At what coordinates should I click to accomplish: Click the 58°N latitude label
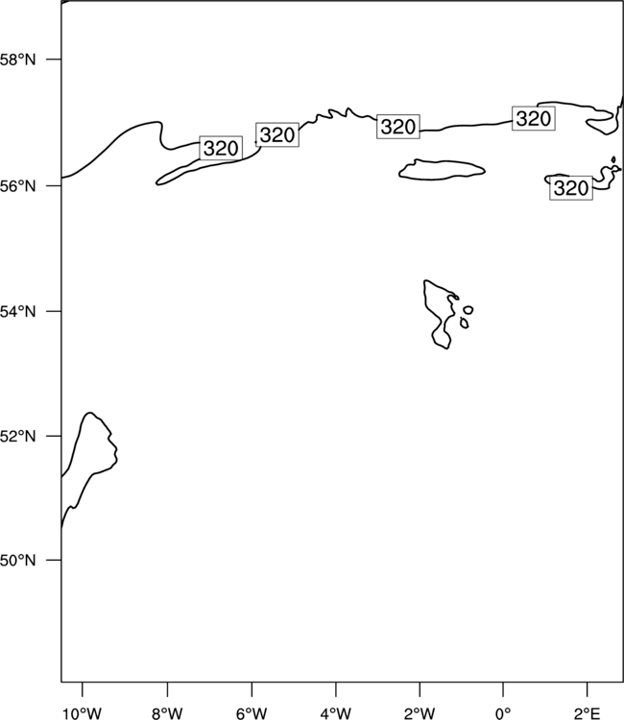click(x=17, y=60)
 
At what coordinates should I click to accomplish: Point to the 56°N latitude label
click(x=17, y=186)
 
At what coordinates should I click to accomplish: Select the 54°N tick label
click(x=17, y=312)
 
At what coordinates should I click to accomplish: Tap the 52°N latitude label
click(x=17, y=436)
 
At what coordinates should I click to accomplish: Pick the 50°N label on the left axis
click(x=17, y=561)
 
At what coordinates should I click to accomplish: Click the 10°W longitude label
click(x=83, y=713)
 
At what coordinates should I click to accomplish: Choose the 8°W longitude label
click(x=167, y=713)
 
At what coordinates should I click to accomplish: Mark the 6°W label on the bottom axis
click(x=252, y=713)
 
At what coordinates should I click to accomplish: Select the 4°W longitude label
click(x=336, y=713)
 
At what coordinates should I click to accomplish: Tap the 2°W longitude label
click(x=420, y=713)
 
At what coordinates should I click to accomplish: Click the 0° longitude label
click(x=503, y=713)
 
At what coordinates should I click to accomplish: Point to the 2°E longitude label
click(x=588, y=713)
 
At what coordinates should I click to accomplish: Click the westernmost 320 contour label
click(x=221, y=148)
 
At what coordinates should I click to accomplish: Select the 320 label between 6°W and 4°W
click(x=277, y=134)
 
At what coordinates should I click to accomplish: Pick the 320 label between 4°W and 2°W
click(x=398, y=127)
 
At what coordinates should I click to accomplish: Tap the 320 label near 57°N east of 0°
click(x=534, y=118)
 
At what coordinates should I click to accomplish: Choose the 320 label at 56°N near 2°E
click(x=571, y=188)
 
